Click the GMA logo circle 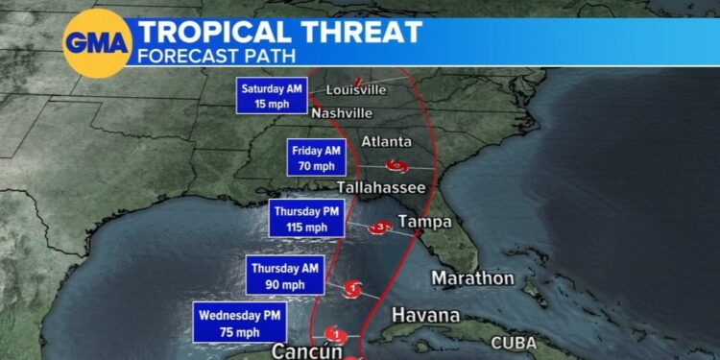tap(95, 43)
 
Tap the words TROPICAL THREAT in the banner tap(279, 31)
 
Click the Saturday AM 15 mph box tap(272, 95)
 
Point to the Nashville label tap(340, 113)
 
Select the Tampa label tap(423, 223)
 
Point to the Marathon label tap(472, 279)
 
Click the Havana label tap(425, 316)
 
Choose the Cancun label tap(307, 350)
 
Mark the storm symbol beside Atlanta tap(396, 165)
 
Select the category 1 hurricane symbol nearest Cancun tap(336, 334)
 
